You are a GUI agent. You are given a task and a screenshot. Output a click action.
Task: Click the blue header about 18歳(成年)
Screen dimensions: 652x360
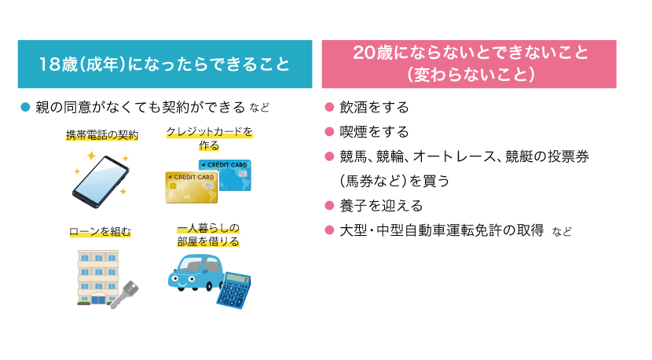[x=165, y=64]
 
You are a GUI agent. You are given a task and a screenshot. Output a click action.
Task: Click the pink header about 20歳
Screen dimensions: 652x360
[x=469, y=64]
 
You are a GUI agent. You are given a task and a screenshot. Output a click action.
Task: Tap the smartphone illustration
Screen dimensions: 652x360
[x=101, y=181]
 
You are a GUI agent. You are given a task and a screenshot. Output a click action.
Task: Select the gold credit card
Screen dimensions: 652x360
[x=192, y=187]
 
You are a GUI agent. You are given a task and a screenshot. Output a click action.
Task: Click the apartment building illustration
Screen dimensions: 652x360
[x=98, y=277]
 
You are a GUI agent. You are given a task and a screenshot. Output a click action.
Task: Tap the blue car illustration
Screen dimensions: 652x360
[x=196, y=273]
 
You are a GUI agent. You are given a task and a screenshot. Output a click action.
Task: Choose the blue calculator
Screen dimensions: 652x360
[x=233, y=290]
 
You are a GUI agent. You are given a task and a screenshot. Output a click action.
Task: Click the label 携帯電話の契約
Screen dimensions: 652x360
[x=102, y=135]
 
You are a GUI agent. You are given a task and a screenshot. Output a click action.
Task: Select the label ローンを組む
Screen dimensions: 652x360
[x=101, y=231]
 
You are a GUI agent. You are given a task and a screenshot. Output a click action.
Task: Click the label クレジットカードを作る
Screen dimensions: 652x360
[x=209, y=138]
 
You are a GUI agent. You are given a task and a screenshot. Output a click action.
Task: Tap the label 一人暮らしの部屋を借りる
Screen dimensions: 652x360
[x=208, y=235]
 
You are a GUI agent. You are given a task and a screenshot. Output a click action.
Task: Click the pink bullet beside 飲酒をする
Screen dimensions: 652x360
[x=329, y=108]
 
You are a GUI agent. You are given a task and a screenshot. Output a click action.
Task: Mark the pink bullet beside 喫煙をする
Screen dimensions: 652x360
[x=329, y=132]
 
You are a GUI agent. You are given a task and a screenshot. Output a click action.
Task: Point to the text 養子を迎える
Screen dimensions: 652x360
[x=381, y=206]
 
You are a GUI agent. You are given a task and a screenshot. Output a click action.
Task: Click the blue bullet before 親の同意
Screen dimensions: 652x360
[x=25, y=108]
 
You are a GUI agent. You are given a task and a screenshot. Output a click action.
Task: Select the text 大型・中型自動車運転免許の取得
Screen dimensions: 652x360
[x=441, y=230]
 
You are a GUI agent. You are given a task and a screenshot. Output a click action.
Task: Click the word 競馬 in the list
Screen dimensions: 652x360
[x=353, y=156]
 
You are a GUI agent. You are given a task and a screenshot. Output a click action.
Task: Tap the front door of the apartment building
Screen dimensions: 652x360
[x=98, y=299]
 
